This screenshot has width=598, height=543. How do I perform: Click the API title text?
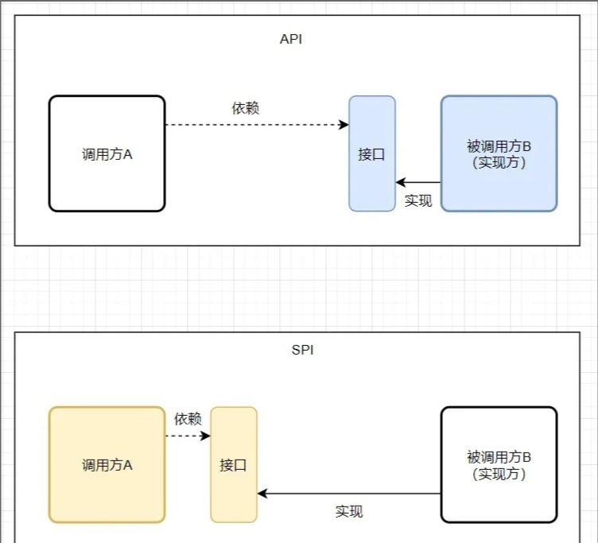[x=291, y=39]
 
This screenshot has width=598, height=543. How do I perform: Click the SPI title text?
[x=302, y=350]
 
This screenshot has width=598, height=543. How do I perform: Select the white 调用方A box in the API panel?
[x=107, y=153]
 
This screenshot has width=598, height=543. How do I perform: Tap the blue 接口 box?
[x=371, y=154]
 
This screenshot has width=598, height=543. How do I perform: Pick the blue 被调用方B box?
[x=499, y=153]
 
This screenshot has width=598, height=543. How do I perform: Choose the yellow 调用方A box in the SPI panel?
[x=107, y=464]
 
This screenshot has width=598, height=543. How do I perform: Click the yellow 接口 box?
[x=234, y=465]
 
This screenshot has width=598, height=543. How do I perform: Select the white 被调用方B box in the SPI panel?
[x=499, y=465]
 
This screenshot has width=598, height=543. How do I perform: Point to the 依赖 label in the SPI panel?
[x=188, y=418]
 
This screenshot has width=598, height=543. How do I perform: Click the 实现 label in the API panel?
[x=417, y=200]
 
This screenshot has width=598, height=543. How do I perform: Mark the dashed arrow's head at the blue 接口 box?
[x=345, y=125]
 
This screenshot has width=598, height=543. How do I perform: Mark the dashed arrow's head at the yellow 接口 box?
[x=207, y=436]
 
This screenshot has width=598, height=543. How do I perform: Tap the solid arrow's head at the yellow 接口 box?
[x=262, y=494]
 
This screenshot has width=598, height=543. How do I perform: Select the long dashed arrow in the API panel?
[x=254, y=125]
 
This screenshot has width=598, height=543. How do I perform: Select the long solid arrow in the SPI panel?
[x=350, y=494]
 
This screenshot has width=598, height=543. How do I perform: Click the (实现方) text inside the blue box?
[x=499, y=162]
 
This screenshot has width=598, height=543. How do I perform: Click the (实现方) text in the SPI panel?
[x=499, y=474]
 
